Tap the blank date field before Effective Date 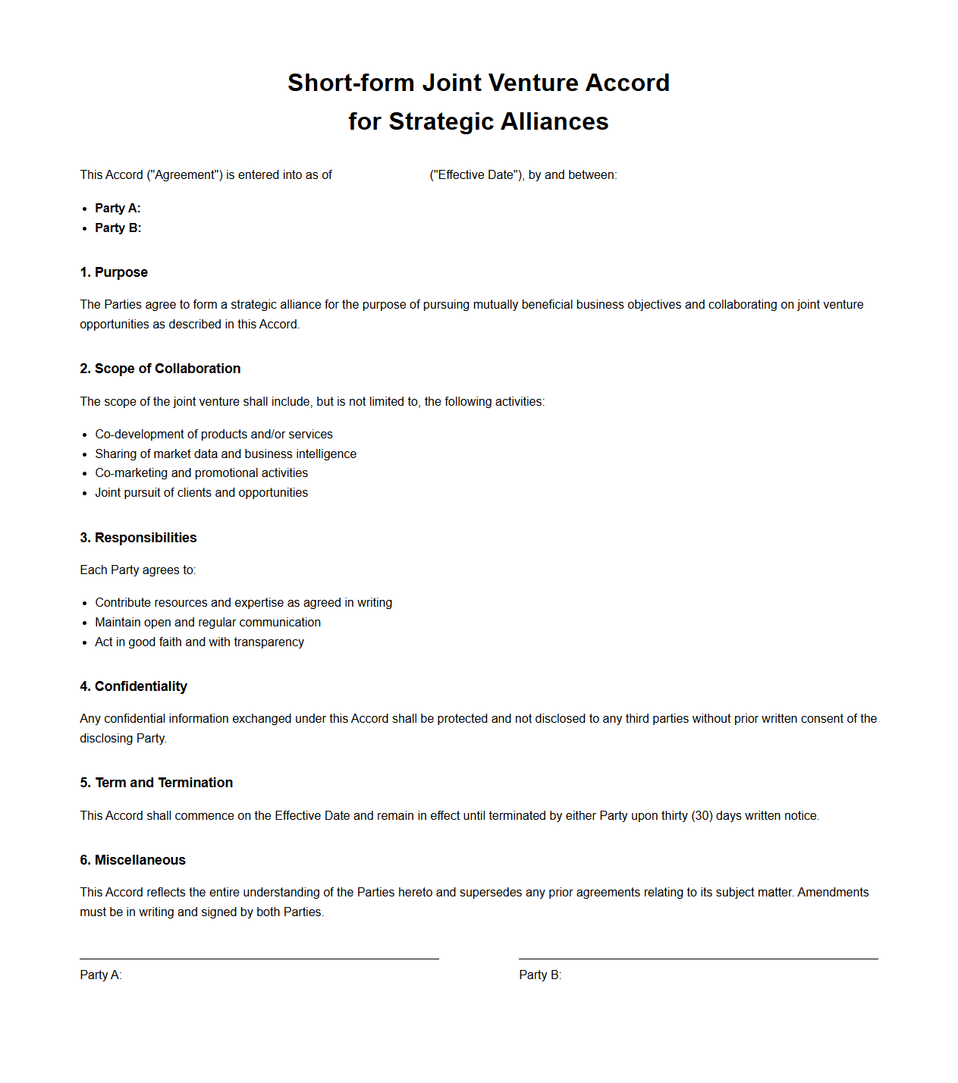click(380, 175)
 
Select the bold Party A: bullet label click(118, 209)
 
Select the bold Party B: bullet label click(118, 228)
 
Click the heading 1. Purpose click(114, 272)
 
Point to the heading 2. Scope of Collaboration click(160, 369)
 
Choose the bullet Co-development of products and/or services click(214, 435)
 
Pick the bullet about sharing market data click(225, 454)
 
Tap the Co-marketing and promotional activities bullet click(201, 473)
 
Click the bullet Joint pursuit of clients click(201, 493)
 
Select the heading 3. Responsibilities click(138, 538)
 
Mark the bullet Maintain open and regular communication click(208, 623)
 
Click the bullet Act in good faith click(199, 642)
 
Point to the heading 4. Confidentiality click(133, 686)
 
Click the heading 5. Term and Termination click(156, 783)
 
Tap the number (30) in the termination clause click(702, 816)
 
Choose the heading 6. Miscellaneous click(133, 860)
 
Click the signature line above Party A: click(259, 959)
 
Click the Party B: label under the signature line click(540, 975)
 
